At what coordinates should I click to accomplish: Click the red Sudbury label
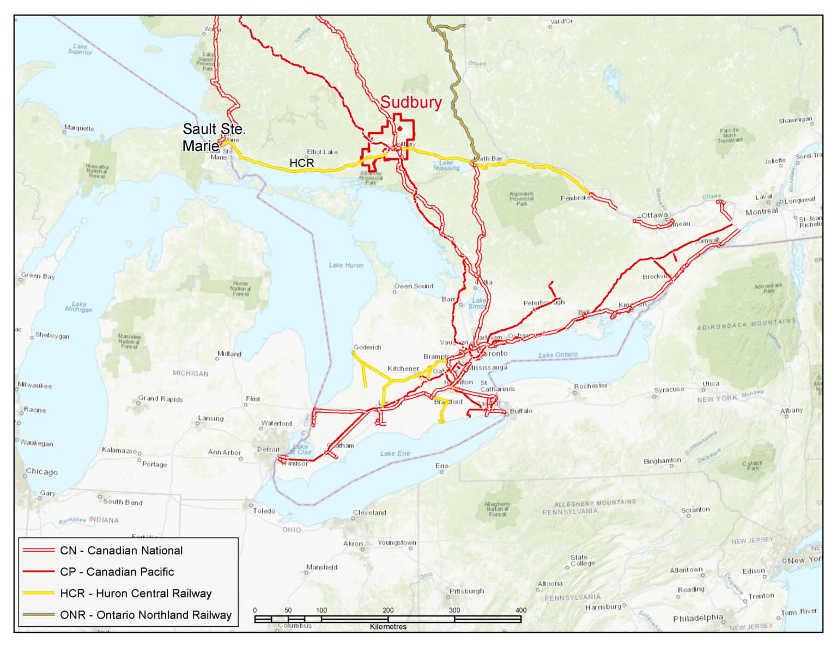click(x=411, y=102)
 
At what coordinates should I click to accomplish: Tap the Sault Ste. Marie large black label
click(x=214, y=137)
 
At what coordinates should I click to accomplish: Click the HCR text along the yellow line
click(x=301, y=163)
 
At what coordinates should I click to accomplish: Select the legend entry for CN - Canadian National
click(x=121, y=551)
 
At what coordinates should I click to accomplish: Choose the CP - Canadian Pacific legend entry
click(x=117, y=572)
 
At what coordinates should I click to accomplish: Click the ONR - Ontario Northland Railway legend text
click(x=145, y=615)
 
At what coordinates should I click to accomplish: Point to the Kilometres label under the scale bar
click(x=388, y=627)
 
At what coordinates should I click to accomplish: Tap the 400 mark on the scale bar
click(x=520, y=610)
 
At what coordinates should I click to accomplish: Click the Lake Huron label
click(x=345, y=265)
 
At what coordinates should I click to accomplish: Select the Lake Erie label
click(x=395, y=453)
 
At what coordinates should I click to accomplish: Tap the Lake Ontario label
click(x=558, y=355)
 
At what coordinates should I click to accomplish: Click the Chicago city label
click(x=41, y=472)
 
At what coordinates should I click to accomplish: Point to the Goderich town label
click(x=367, y=347)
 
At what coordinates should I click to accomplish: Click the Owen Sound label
click(x=414, y=286)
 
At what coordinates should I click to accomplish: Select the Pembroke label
click(x=575, y=198)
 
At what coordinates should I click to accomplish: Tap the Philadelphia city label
click(x=698, y=618)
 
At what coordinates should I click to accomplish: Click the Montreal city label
click(x=762, y=211)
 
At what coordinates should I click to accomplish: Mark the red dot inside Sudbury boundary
click(x=400, y=129)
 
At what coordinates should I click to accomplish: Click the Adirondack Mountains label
click(x=746, y=325)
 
